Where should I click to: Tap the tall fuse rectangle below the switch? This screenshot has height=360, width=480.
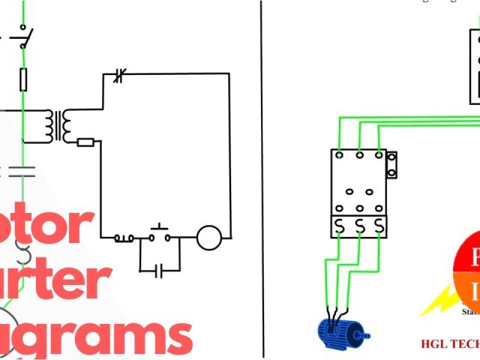click(24, 78)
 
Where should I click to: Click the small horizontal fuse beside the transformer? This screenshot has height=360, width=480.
click(85, 142)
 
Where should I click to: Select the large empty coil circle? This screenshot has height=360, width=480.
click(209, 238)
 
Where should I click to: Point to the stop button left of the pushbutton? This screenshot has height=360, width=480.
click(124, 238)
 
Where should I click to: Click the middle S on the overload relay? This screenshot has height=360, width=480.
click(360, 226)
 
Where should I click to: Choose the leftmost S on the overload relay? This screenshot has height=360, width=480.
click(340, 226)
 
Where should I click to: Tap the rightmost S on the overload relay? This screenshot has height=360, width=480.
click(379, 226)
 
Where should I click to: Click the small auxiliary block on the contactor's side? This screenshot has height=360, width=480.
click(391, 165)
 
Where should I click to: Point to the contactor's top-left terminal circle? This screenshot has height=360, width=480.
click(340, 156)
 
